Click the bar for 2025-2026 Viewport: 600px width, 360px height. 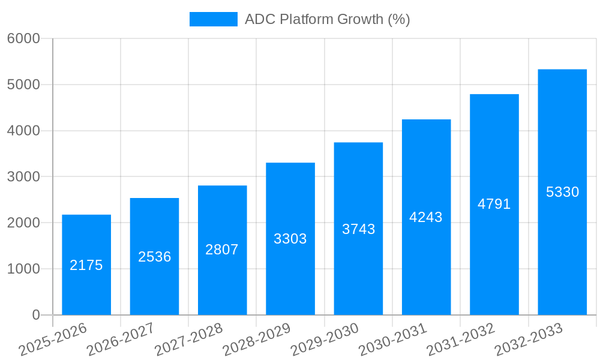(86, 265)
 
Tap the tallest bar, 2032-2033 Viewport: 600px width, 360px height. (562, 192)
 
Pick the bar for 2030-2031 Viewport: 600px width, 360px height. (426, 217)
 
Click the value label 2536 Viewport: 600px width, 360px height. (155, 257)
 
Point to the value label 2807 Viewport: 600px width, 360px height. (222, 250)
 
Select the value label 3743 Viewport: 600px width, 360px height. (358, 229)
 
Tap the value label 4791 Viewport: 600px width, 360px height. (494, 204)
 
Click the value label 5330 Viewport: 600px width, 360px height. (562, 192)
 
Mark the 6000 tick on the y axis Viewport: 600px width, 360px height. (23, 38)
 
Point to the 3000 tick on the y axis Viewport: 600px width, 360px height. (23, 177)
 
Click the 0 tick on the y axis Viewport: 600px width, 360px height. (35, 315)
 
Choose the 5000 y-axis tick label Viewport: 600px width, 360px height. (23, 85)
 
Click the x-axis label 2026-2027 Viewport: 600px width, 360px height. (121, 340)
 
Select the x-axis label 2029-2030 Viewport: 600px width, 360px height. (325, 340)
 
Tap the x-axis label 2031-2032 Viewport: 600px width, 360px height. (461, 340)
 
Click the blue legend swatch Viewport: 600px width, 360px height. (213, 19)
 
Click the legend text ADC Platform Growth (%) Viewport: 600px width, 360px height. (327, 19)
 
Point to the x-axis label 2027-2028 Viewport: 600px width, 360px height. (188, 340)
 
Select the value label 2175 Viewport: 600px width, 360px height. (86, 265)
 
